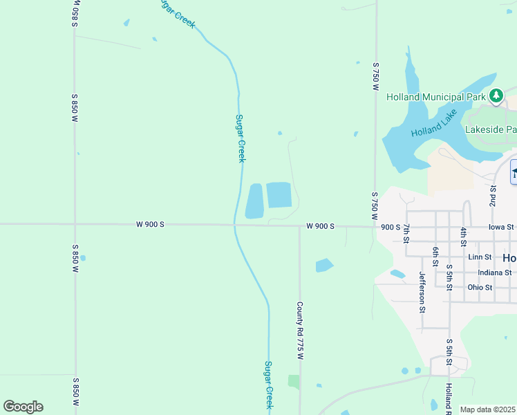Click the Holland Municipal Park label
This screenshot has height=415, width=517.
(x=435, y=97)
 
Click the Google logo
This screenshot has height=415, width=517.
(x=23, y=407)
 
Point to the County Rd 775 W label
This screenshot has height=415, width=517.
(x=300, y=330)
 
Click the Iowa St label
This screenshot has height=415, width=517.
(x=501, y=226)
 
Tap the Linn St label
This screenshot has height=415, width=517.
(x=479, y=257)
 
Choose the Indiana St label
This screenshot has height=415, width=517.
(x=489, y=273)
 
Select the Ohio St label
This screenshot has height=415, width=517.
(x=480, y=288)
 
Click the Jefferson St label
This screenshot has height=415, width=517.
(x=422, y=292)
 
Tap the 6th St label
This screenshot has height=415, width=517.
(x=435, y=256)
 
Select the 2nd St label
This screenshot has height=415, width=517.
(x=493, y=196)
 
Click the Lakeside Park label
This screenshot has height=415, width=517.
(x=491, y=129)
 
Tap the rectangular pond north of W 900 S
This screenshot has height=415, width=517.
(x=279, y=194)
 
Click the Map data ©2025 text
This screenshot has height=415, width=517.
(x=488, y=409)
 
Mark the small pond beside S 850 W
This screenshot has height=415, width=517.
(x=83, y=258)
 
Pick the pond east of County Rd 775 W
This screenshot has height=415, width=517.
(x=323, y=265)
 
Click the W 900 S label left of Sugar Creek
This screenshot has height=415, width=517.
(x=150, y=224)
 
